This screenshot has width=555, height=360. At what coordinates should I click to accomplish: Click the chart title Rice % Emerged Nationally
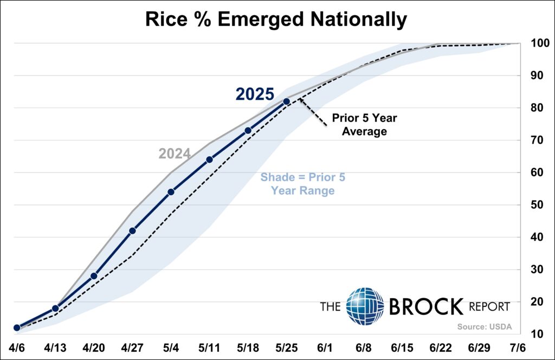276,20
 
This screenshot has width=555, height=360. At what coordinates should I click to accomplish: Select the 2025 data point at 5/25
286,101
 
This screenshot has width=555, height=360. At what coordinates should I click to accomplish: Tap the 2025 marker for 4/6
17,327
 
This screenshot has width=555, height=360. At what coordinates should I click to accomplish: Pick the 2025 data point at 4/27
132,230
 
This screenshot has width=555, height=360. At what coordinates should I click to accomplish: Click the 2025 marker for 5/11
209,159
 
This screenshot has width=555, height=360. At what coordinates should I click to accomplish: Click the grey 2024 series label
175,154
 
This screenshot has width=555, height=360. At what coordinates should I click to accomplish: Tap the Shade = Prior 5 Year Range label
302,184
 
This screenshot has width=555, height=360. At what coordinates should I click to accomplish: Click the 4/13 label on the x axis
55,347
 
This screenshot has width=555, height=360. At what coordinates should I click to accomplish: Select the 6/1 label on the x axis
325,347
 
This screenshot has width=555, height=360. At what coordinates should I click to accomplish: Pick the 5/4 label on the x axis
171,347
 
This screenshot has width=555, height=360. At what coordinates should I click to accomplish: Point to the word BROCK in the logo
426,307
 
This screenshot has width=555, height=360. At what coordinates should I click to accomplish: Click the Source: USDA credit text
484,326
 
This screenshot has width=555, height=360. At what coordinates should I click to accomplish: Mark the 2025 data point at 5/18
248,130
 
